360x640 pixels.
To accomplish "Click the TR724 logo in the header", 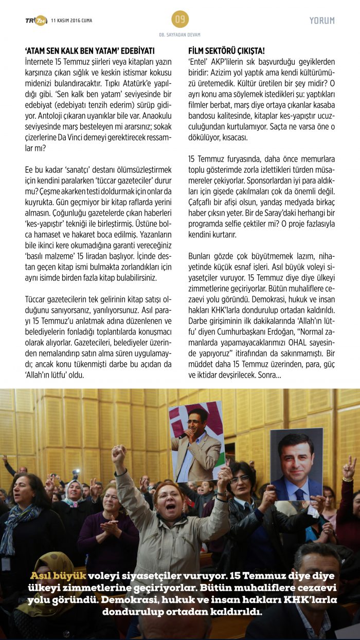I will [35, 20].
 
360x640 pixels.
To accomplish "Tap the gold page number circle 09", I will [180, 20].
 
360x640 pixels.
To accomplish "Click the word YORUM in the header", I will [322, 21].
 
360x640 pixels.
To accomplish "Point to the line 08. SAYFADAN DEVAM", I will [180, 34].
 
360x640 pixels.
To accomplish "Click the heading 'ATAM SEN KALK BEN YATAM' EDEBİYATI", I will [90, 51].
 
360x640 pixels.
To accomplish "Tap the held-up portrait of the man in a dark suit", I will [296, 464].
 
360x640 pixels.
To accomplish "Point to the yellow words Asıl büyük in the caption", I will [58, 575].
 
